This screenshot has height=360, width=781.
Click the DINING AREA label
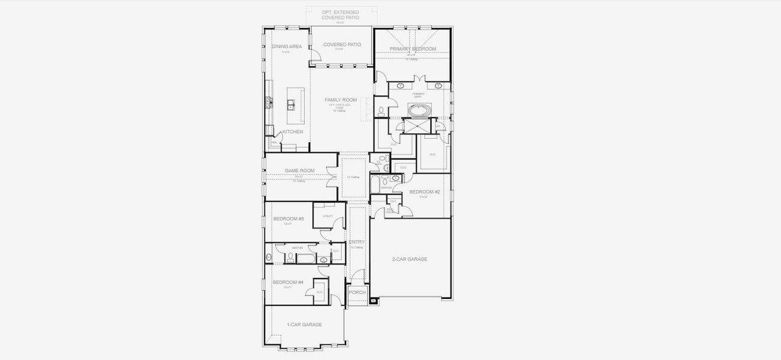287,46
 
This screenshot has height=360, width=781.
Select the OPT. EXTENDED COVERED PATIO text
340,14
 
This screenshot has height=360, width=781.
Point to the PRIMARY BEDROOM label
412,49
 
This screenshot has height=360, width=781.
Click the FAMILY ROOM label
340,100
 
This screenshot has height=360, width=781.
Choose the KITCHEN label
292,131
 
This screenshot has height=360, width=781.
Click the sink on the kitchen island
291,106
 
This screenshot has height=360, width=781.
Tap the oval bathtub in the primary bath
418,110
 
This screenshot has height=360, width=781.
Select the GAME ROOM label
299,170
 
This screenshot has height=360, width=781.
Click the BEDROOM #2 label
425,192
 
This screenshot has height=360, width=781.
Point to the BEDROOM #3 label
288,219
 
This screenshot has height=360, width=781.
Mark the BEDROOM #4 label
288,282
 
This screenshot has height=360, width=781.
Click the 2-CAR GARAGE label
409,259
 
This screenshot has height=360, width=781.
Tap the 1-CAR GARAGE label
304,325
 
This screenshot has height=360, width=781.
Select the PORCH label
357,292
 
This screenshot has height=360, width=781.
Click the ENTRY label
356,242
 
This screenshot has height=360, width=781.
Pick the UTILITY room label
328,216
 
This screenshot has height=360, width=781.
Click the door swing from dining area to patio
316,60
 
